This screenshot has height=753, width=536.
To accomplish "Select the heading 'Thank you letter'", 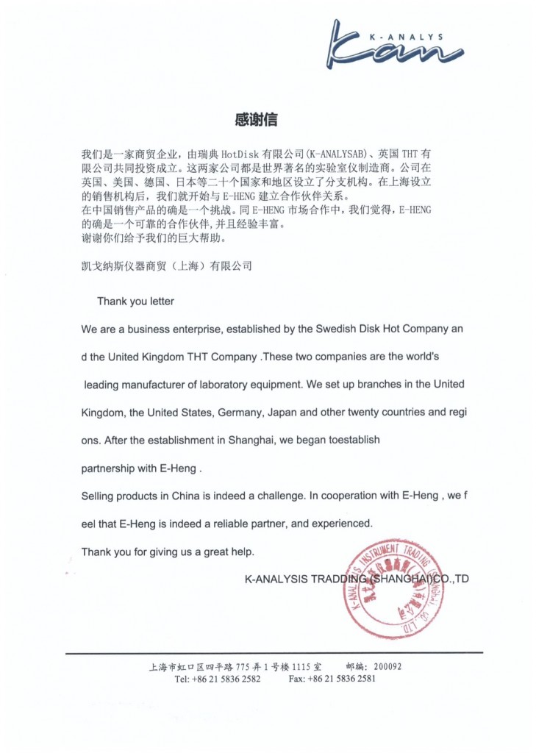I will coord(135,301).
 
